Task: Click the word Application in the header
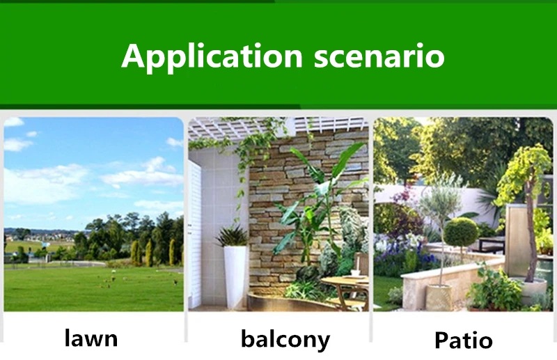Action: pyautogui.click(x=212, y=57)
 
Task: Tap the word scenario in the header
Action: pyautogui.click(x=379, y=56)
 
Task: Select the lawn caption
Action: pyautogui.click(x=91, y=338)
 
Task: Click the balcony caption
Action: pyautogui.click(x=285, y=339)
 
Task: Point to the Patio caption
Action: pyautogui.click(x=464, y=340)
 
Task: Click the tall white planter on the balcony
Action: pyautogui.click(x=235, y=276)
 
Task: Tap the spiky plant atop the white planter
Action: pyautogui.click(x=232, y=235)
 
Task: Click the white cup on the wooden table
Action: pyautogui.click(x=356, y=273)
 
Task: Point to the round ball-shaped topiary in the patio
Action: pyautogui.click(x=461, y=233)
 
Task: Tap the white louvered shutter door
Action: pyautogui.click(x=195, y=235)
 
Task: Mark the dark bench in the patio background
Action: pyautogui.click(x=492, y=244)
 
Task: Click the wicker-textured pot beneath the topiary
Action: pyautogui.click(x=439, y=297)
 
